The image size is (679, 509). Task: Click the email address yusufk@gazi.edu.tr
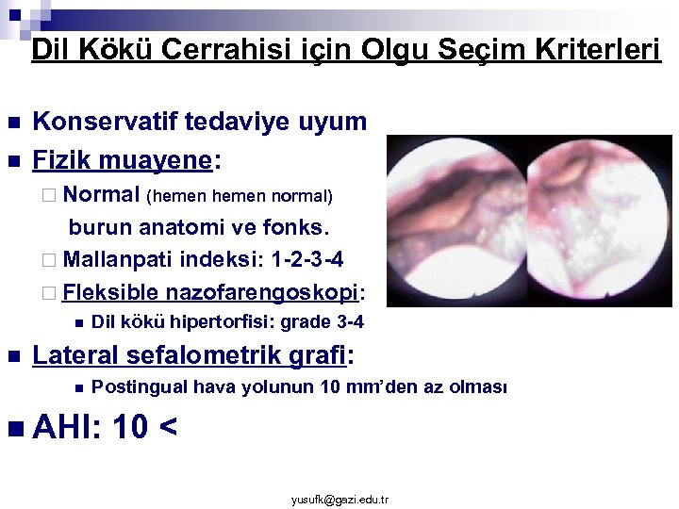[339, 499]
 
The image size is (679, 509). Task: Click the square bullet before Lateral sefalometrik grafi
[13, 357]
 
